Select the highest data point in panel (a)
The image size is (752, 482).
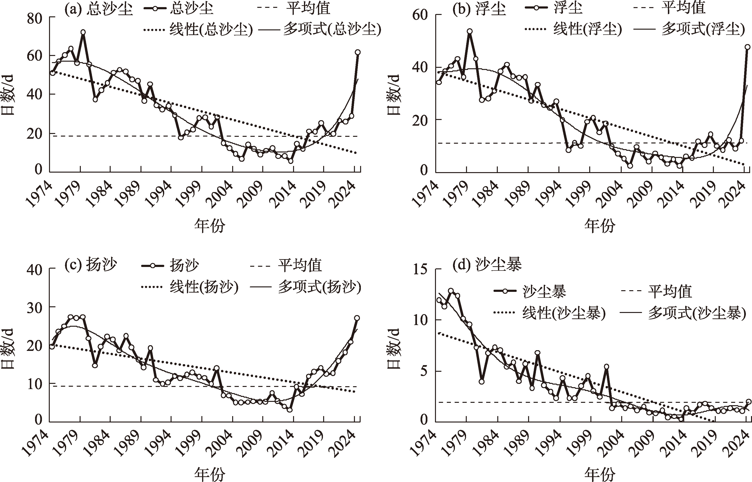click(x=83, y=32)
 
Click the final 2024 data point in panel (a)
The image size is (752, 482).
click(x=357, y=52)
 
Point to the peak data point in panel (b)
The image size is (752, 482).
click(x=470, y=31)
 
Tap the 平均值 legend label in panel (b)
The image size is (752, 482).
click(x=683, y=8)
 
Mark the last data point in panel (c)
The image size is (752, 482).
click(x=357, y=318)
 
